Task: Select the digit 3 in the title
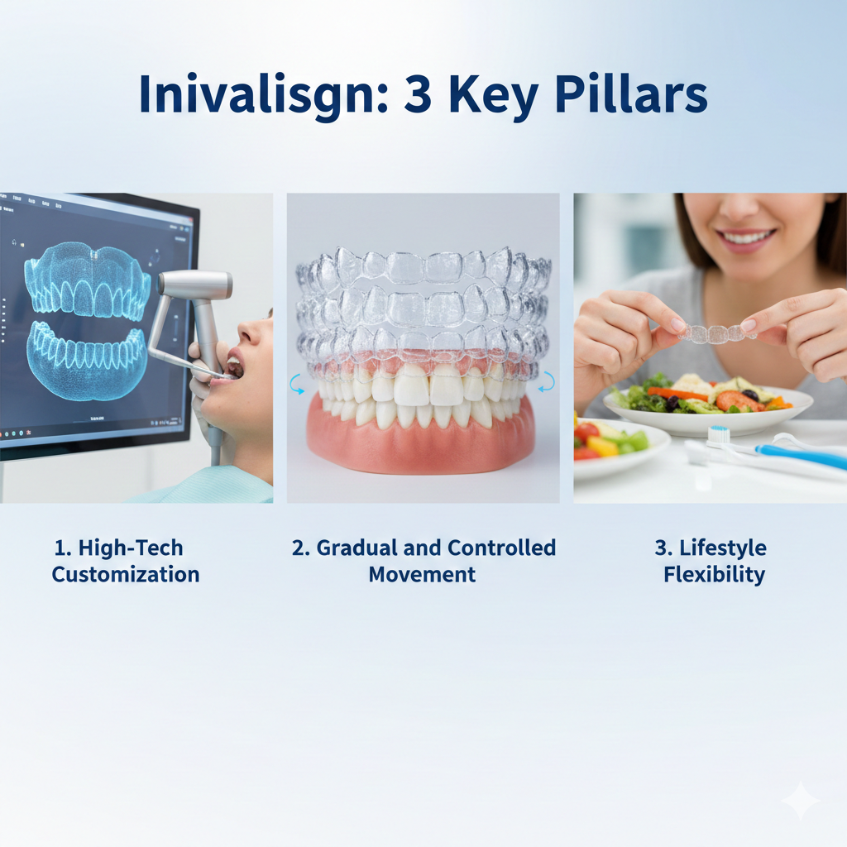coord(418,94)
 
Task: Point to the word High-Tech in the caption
coord(131,548)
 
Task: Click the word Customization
coord(126,574)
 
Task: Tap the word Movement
coord(422,574)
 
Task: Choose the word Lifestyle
coord(723,549)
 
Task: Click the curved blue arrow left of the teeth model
coord(296,384)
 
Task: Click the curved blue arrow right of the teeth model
coord(547,381)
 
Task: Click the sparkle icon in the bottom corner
coord(800,801)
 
